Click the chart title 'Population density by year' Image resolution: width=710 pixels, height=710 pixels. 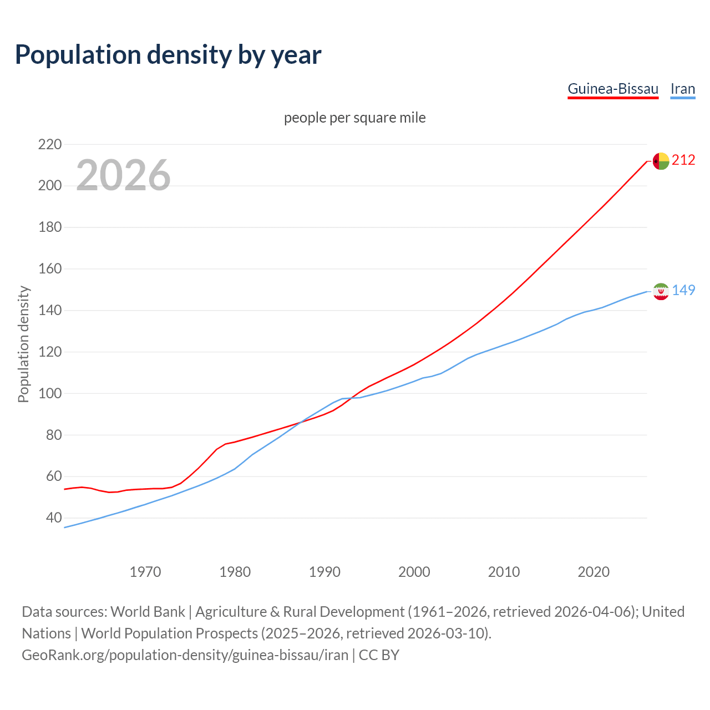168,55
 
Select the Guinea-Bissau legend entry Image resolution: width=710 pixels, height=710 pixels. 613,89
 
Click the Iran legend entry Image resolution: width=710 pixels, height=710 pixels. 683,89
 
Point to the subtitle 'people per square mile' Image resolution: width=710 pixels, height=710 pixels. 354,118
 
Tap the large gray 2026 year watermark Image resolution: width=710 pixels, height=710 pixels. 123,175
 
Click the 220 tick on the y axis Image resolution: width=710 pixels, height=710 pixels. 49,144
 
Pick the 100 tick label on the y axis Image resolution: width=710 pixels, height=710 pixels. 49,393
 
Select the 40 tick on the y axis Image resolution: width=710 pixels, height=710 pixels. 53,518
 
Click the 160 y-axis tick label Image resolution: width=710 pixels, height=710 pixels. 49,269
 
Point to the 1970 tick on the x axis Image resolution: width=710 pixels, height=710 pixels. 145,572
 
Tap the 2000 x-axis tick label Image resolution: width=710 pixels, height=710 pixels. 414,572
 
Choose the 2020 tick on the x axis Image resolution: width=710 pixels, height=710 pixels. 594,572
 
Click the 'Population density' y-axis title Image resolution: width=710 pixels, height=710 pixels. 23,344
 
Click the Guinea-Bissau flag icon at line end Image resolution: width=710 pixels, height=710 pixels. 661,161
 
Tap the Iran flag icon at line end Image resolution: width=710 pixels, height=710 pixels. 661,291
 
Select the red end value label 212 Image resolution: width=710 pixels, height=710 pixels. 683,160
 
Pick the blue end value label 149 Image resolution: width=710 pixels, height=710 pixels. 683,290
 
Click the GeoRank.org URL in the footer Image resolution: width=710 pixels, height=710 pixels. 185,655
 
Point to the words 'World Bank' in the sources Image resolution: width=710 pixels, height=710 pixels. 148,612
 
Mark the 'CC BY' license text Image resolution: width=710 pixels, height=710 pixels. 379,655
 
